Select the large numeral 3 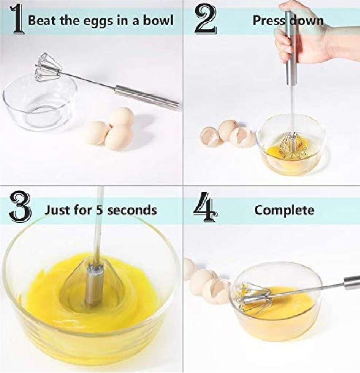[x=20, y=206]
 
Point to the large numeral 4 [x=205, y=207]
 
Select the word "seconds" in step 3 [x=132, y=210]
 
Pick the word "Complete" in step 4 [x=284, y=210]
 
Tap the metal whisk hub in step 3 [x=94, y=286]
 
